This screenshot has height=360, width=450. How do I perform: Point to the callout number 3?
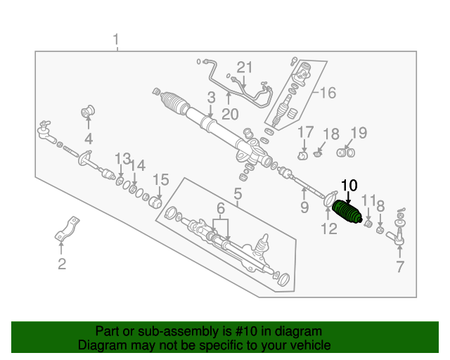pyautogui.click(x=210, y=98)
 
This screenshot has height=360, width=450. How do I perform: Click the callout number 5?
pyautogui.click(x=238, y=194)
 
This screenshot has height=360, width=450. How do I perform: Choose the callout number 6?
pyautogui.click(x=221, y=208)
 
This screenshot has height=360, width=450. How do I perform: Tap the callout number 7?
pyautogui.click(x=399, y=266)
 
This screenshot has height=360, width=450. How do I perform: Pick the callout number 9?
pyautogui.click(x=304, y=207)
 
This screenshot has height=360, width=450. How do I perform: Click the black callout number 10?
pyautogui.click(x=349, y=185)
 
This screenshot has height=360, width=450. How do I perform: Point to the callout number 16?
pyautogui.click(x=328, y=93)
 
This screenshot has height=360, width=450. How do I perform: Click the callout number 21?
pyautogui.click(x=244, y=67)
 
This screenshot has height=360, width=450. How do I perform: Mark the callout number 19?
pyautogui.click(x=359, y=131)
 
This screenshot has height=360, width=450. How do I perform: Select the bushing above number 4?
pyautogui.click(x=89, y=111)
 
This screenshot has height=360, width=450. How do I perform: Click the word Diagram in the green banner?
pyautogui.click(x=99, y=345)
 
